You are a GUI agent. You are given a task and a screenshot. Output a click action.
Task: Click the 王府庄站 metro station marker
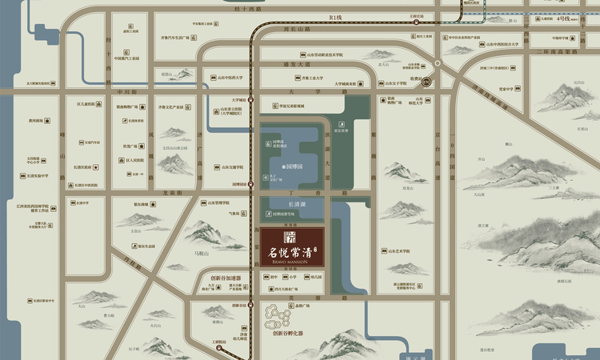[416, 22]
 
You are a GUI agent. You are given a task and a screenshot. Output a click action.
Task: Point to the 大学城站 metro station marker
[251, 100]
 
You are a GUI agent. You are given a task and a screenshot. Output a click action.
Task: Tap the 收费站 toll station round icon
[427, 81]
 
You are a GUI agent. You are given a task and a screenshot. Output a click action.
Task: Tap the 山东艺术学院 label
[396, 251]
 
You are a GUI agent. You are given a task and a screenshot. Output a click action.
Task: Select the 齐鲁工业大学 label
[312, 78]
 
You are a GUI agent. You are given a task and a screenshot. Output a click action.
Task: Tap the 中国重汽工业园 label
[126, 58]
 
